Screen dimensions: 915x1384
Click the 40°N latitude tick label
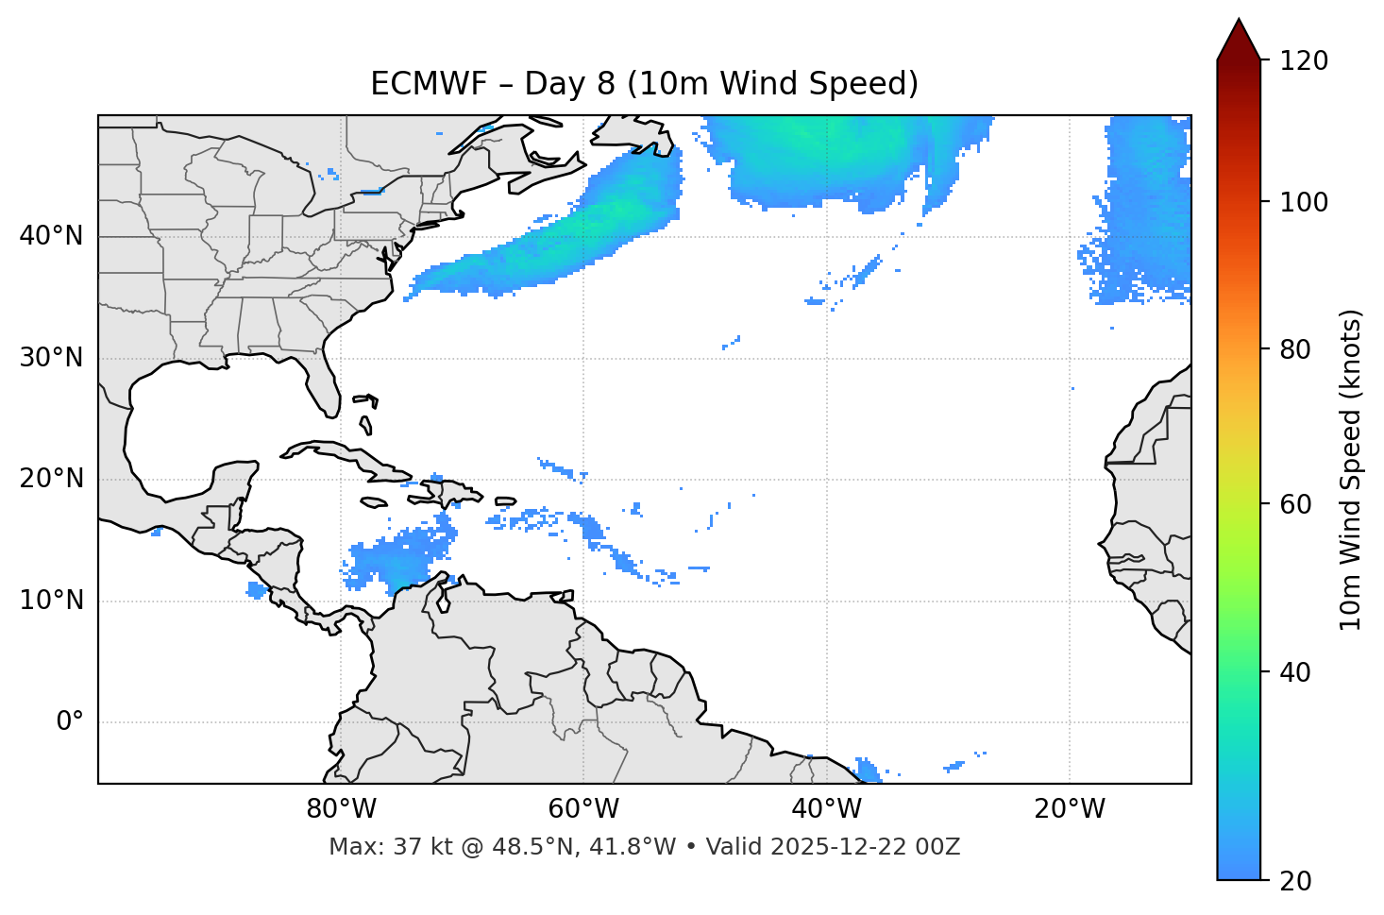[51, 236]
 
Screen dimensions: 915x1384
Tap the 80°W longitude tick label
[341, 809]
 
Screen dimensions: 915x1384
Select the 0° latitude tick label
[70, 722]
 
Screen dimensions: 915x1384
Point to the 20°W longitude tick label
[1070, 809]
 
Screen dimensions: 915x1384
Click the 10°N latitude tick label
[51, 601]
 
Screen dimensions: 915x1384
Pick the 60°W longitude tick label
[583, 809]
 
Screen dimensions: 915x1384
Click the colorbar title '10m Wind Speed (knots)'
[1352, 470]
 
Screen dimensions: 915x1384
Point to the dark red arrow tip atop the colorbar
[1239, 38]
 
